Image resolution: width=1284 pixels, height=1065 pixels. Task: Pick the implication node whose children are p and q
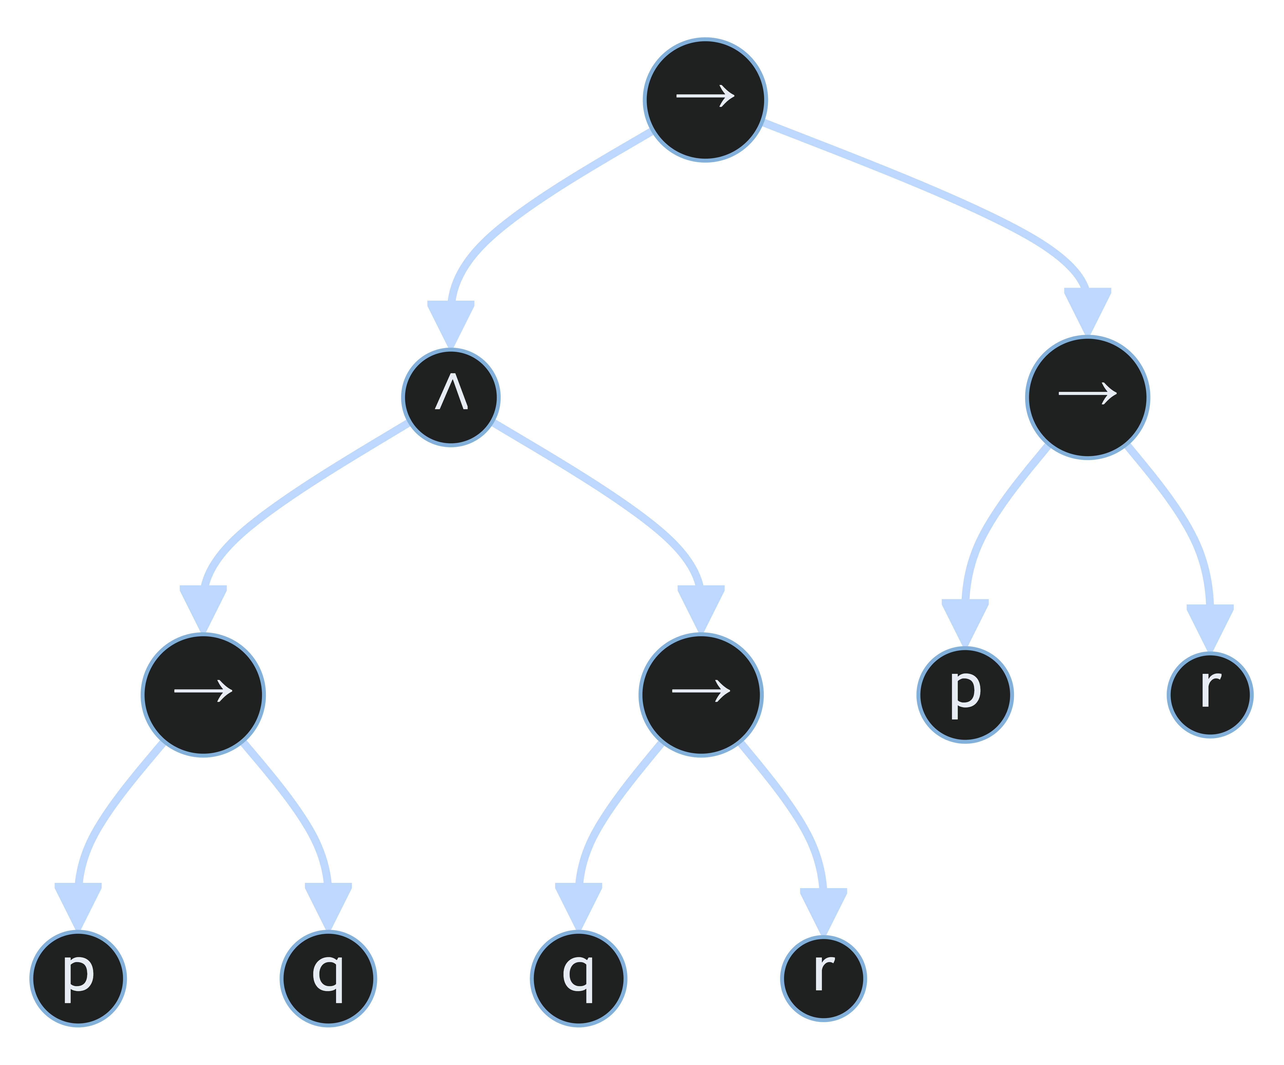pyautogui.click(x=203, y=695)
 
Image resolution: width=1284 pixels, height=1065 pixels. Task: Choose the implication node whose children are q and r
pyautogui.click(x=701, y=695)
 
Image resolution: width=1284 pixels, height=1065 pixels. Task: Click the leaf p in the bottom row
pyautogui.click(x=78, y=978)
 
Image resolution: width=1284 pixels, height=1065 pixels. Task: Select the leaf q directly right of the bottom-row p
pyautogui.click(x=328, y=978)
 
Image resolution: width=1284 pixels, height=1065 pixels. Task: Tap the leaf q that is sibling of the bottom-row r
pyautogui.click(x=578, y=978)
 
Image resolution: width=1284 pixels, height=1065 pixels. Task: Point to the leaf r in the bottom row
pyautogui.click(x=824, y=978)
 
